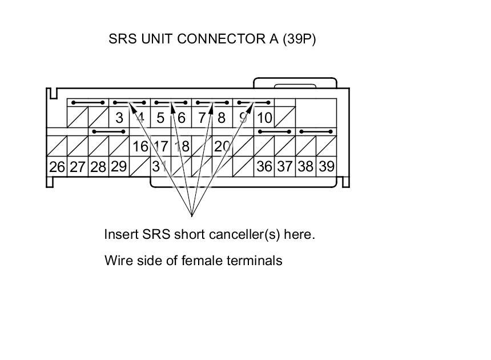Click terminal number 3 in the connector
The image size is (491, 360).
[x=119, y=118]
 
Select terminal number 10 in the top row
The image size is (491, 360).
[x=264, y=118]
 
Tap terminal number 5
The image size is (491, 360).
[x=160, y=118]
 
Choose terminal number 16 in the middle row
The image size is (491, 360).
[x=140, y=146]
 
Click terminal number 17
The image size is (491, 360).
[x=161, y=146]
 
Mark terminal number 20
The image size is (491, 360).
[x=222, y=146]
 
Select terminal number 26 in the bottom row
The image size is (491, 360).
[x=57, y=167]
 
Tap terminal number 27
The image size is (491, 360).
[x=78, y=167]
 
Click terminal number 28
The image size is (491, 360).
[x=98, y=167]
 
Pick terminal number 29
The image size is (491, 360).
[x=119, y=166]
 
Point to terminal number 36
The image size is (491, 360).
[x=264, y=167]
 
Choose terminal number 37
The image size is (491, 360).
[x=285, y=167]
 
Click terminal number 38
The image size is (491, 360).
[x=305, y=167]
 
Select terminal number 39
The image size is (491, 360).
[x=326, y=167]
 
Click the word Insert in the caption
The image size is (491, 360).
[x=121, y=234]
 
